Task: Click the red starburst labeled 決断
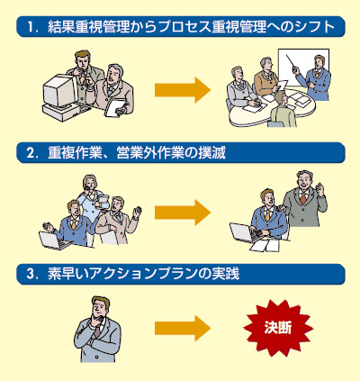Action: [278, 329]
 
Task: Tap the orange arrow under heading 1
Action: [183, 90]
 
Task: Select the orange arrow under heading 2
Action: [183, 213]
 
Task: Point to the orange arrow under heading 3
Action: [183, 329]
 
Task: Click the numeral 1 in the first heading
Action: [31, 27]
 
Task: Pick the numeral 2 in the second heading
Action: [30, 153]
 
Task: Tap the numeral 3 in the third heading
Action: [30, 275]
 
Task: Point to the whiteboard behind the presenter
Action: [303, 67]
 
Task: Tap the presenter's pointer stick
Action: [292, 62]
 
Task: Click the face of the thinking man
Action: [100, 309]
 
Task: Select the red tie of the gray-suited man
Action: [303, 198]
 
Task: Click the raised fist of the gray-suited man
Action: [320, 188]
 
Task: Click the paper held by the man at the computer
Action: [115, 107]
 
